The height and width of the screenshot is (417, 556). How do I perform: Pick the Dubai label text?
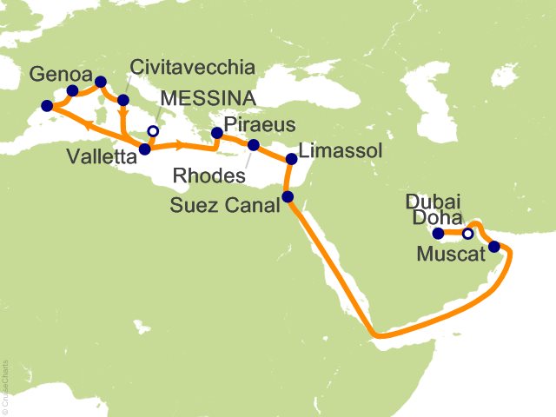pos(433,202)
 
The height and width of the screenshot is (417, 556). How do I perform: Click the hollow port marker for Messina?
pos(153,132)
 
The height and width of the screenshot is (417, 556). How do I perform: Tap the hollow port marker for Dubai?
pos(467,234)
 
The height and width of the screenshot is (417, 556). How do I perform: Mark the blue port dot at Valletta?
pos(144,149)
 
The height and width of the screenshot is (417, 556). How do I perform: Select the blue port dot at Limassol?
pos(291,159)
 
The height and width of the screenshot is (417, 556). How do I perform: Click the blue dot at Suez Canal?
pos(288,197)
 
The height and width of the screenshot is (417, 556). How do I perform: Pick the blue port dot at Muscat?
pos(494,247)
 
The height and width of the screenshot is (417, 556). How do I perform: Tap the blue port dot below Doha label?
pos(439,233)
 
